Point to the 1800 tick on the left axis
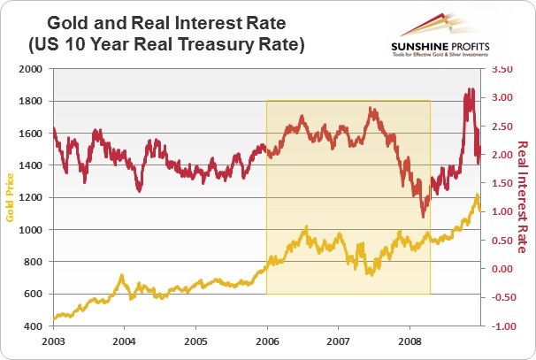pos(29,101)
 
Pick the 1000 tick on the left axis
pos(29,230)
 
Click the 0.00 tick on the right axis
pos(502,269)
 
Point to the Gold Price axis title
pos(11,197)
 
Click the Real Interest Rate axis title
pos(522,196)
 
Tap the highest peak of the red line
pos(470,89)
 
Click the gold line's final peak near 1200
pos(478,195)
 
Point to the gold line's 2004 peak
pos(121,276)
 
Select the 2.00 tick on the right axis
pos(502,154)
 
